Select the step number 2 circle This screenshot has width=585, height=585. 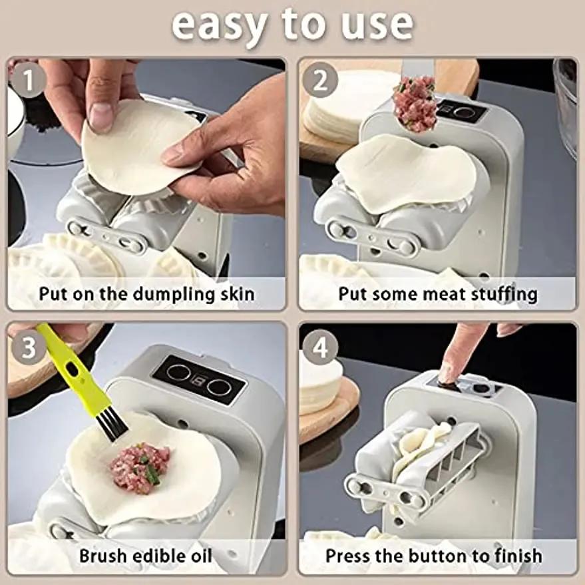point(321,82)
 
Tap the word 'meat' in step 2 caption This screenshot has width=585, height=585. point(443,293)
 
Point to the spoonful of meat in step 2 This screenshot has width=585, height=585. point(414,103)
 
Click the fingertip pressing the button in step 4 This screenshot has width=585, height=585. point(447,373)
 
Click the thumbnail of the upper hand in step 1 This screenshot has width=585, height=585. point(100,116)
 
